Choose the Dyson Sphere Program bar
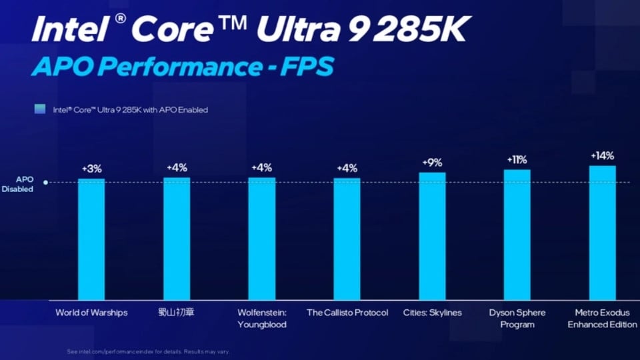click(517, 234)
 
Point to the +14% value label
click(602, 155)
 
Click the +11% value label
click(517, 160)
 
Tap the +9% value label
click(432, 163)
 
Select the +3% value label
click(91, 169)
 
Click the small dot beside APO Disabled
click(46, 182)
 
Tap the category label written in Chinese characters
click(176, 312)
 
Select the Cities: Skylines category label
click(432, 312)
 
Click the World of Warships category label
click(91, 312)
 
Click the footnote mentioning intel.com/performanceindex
click(149, 351)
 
